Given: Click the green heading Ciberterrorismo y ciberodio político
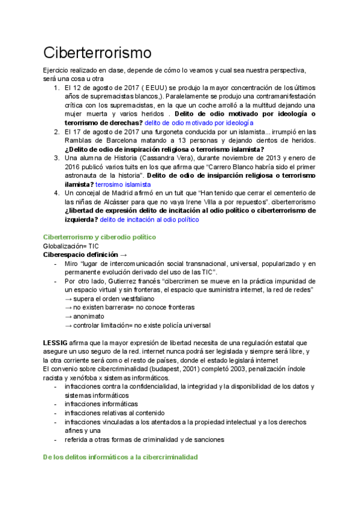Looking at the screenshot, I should (x=100, y=238).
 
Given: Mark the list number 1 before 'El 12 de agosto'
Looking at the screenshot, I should (x=56, y=87).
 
